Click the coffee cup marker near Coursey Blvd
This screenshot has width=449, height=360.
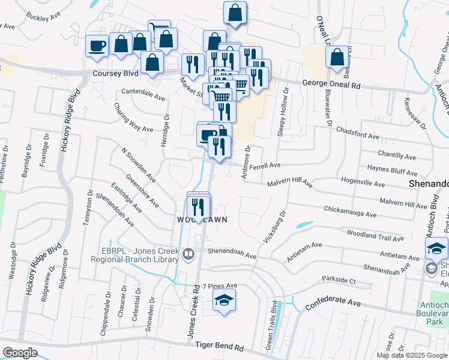pyautogui.click(x=97, y=46)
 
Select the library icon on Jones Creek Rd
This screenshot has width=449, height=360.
pyautogui.click(x=188, y=254)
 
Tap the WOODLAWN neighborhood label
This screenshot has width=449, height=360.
pyautogui.click(x=202, y=220)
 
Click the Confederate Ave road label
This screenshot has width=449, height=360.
pyautogui.click(x=333, y=304)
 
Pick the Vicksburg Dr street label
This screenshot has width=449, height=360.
pyautogui.click(x=274, y=226)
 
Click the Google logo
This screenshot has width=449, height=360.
pyautogui.click(x=20, y=353)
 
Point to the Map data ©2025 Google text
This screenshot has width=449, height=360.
pyautogui.click(x=412, y=355)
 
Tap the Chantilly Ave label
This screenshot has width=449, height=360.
pyautogui.click(x=397, y=157)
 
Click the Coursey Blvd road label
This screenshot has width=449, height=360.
pyautogui.click(x=115, y=73)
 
